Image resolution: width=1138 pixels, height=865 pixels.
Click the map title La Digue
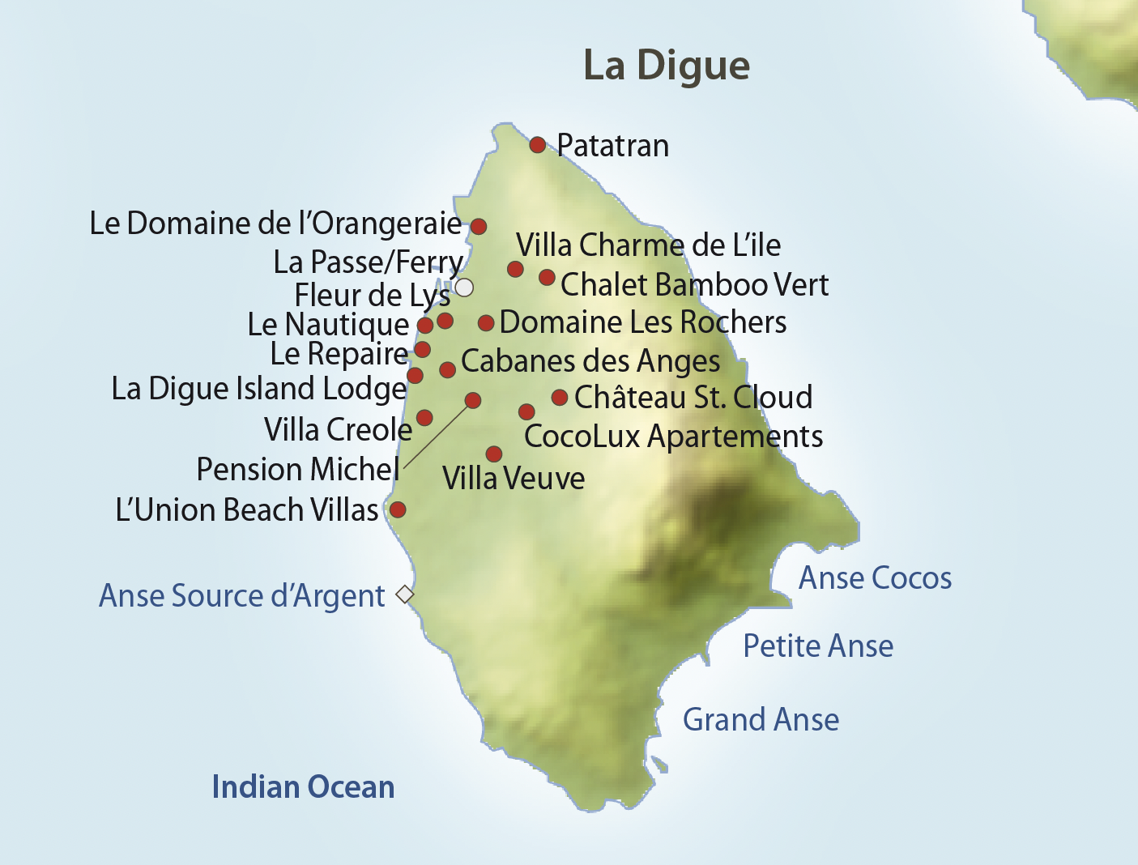(x=666, y=66)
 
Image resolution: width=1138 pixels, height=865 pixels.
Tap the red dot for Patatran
(x=537, y=145)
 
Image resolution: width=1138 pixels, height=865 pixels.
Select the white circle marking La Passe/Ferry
(x=464, y=288)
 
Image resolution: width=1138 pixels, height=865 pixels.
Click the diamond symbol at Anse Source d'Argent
(x=405, y=594)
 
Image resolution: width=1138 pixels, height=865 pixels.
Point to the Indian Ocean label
(x=303, y=787)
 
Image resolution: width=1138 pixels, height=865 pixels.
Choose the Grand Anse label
(x=761, y=719)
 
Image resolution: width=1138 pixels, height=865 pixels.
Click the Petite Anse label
(x=818, y=646)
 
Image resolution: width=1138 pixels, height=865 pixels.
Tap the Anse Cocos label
(x=875, y=578)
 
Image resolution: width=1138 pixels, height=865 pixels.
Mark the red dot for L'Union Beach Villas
(x=398, y=509)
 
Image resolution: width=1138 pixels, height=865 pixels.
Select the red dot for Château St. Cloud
(x=560, y=397)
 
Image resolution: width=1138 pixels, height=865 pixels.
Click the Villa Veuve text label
(x=514, y=479)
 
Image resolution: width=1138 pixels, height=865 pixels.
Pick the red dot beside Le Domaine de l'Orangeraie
(x=479, y=226)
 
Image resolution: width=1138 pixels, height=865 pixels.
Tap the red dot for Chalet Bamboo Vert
(x=547, y=277)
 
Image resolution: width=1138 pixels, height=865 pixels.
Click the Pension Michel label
(x=298, y=470)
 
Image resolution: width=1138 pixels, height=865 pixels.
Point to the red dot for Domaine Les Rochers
(x=486, y=323)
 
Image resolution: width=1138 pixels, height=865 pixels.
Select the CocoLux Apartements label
(x=673, y=437)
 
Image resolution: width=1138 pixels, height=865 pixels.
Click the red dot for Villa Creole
(x=424, y=418)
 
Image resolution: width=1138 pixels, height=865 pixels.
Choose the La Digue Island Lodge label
(x=259, y=389)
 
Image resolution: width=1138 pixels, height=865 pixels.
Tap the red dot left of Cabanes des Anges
(x=447, y=370)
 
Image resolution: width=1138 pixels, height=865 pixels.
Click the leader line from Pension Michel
(x=437, y=434)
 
